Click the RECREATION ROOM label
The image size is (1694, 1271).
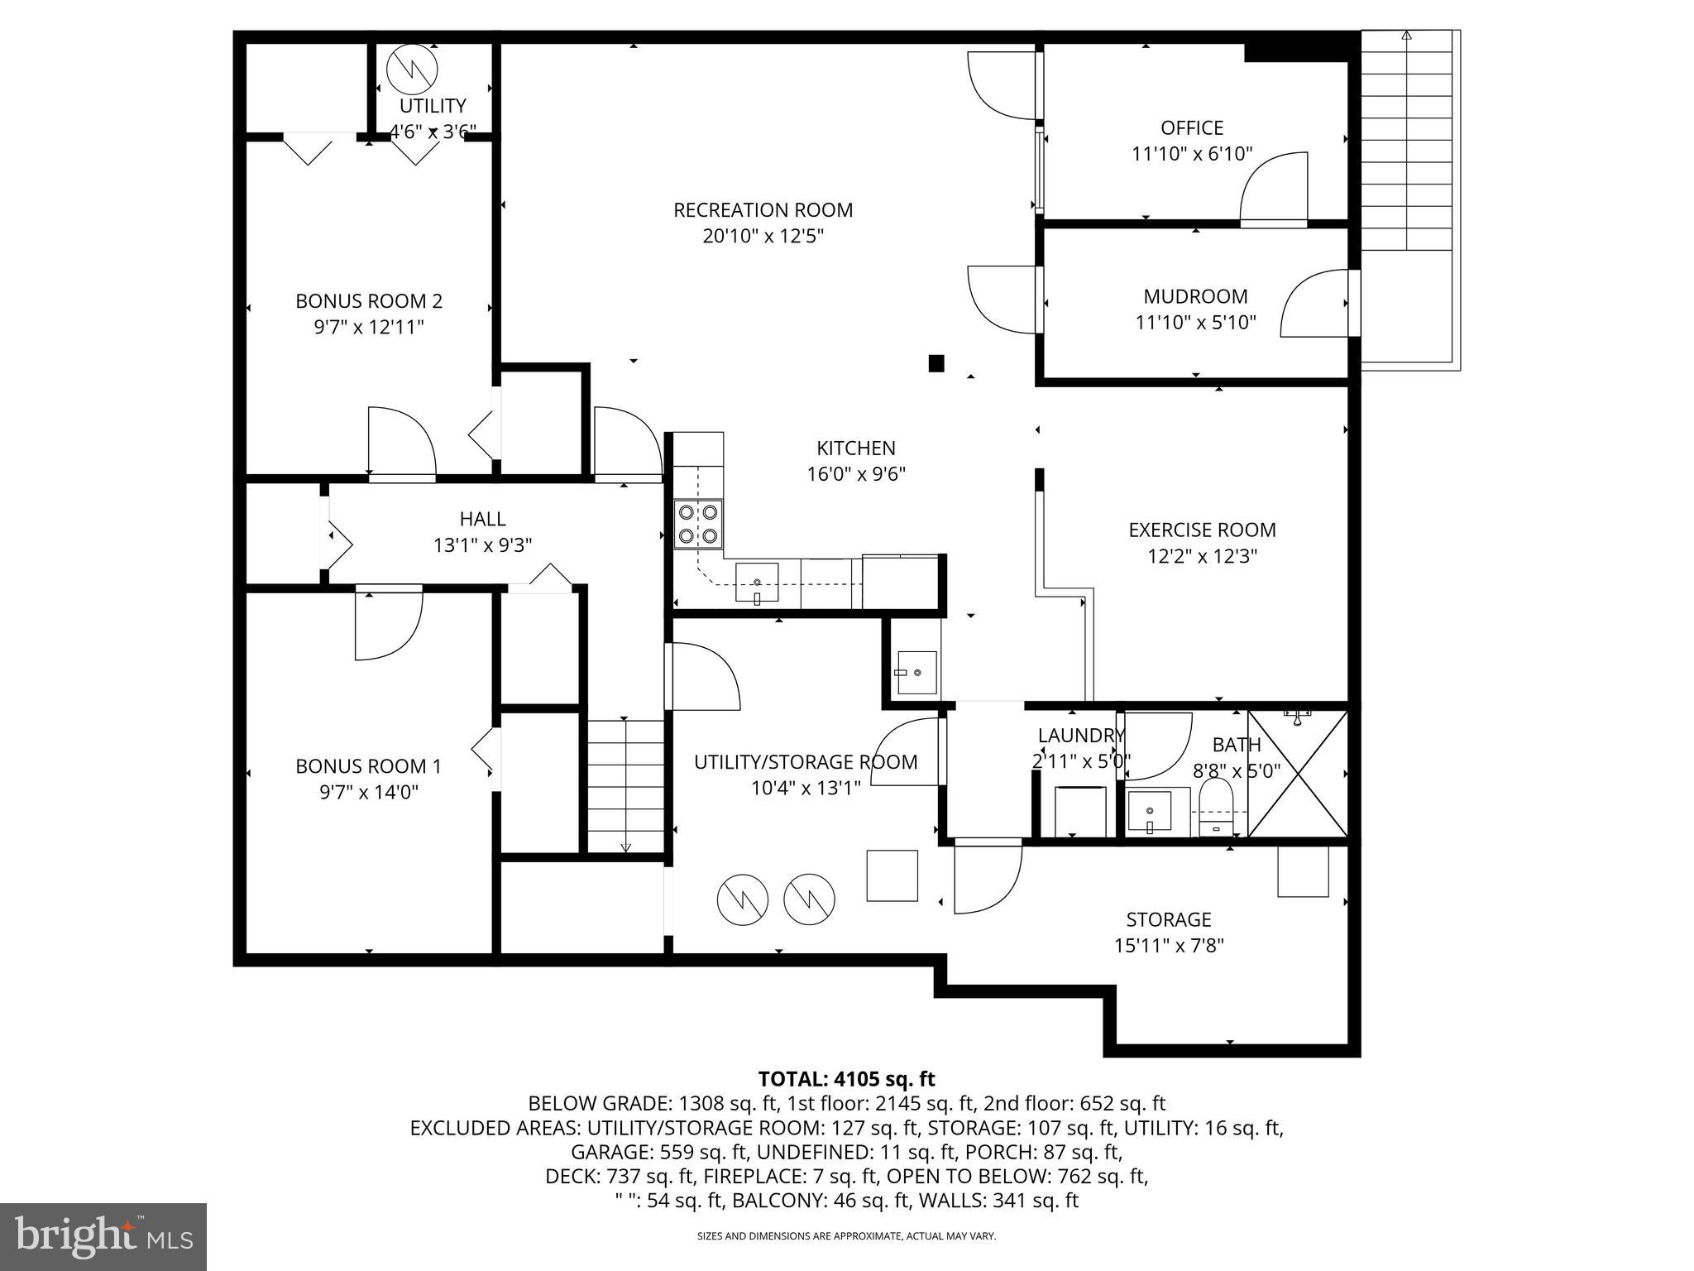point(763,210)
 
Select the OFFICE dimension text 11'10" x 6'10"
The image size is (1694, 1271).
point(1192,154)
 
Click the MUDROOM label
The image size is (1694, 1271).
point(1195,296)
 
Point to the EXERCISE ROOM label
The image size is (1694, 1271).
point(1202,530)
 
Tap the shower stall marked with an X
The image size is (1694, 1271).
point(1297,774)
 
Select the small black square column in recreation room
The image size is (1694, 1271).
point(936,363)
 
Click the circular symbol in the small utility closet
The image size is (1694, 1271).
point(411,68)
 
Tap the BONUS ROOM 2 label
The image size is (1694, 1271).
point(369,301)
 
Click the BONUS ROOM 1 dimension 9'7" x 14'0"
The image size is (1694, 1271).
point(369,793)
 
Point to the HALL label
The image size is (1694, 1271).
point(482,519)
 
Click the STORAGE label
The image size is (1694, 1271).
point(1168,919)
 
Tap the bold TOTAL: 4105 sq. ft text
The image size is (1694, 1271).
point(846,1079)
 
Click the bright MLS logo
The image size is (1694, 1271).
point(103,1236)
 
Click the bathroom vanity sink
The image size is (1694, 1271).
point(1150,811)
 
